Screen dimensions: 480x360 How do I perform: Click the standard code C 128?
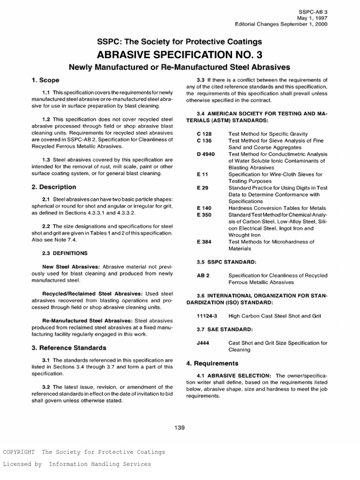click(x=204, y=134)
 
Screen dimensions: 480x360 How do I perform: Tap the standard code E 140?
click(x=204, y=208)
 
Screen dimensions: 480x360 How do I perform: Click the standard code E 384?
click(x=204, y=241)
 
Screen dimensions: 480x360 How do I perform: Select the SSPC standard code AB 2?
click(x=202, y=276)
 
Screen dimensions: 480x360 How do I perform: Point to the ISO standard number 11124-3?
click(x=207, y=316)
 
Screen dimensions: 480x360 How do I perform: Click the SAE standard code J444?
click(x=203, y=343)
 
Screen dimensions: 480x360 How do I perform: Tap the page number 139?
click(x=180, y=427)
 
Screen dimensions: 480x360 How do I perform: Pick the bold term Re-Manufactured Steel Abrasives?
click(x=91, y=321)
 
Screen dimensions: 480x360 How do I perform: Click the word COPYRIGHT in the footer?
click(x=19, y=452)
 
